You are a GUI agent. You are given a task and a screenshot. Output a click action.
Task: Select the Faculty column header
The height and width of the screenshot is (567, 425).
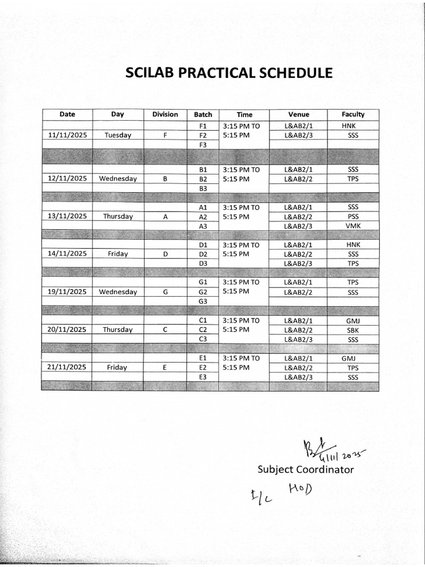click(353, 114)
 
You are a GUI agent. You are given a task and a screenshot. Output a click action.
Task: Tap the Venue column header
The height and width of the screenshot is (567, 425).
click(299, 114)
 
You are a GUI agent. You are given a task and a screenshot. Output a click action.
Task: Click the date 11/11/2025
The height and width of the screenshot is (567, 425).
click(68, 135)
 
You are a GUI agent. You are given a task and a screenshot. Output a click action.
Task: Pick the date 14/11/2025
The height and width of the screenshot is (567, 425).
click(68, 254)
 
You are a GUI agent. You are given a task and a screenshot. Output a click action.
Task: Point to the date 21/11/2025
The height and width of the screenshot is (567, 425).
click(68, 367)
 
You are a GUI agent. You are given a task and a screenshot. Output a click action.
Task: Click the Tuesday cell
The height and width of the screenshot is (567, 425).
click(117, 135)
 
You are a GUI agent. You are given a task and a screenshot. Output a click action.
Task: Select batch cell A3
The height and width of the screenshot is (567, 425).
click(203, 226)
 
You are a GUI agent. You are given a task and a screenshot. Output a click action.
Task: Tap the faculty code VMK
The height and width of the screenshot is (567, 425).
click(353, 226)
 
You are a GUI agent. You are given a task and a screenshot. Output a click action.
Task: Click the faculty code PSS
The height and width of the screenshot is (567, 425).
click(353, 217)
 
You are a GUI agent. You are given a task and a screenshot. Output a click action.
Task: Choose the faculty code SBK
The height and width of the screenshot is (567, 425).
click(353, 329)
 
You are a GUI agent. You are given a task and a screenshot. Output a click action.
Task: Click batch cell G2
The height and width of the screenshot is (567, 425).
click(203, 292)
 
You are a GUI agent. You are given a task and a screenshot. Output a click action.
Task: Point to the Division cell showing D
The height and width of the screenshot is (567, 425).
click(165, 254)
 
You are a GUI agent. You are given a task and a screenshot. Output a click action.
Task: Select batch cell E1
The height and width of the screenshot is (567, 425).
click(203, 358)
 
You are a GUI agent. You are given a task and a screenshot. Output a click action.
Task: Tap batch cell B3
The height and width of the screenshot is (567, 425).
click(203, 188)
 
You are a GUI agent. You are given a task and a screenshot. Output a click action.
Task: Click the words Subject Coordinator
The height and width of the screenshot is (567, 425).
click(305, 470)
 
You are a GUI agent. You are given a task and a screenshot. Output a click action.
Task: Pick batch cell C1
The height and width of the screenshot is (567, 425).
click(203, 321)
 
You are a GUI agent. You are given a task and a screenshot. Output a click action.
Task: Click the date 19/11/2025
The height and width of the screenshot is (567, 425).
click(68, 292)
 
